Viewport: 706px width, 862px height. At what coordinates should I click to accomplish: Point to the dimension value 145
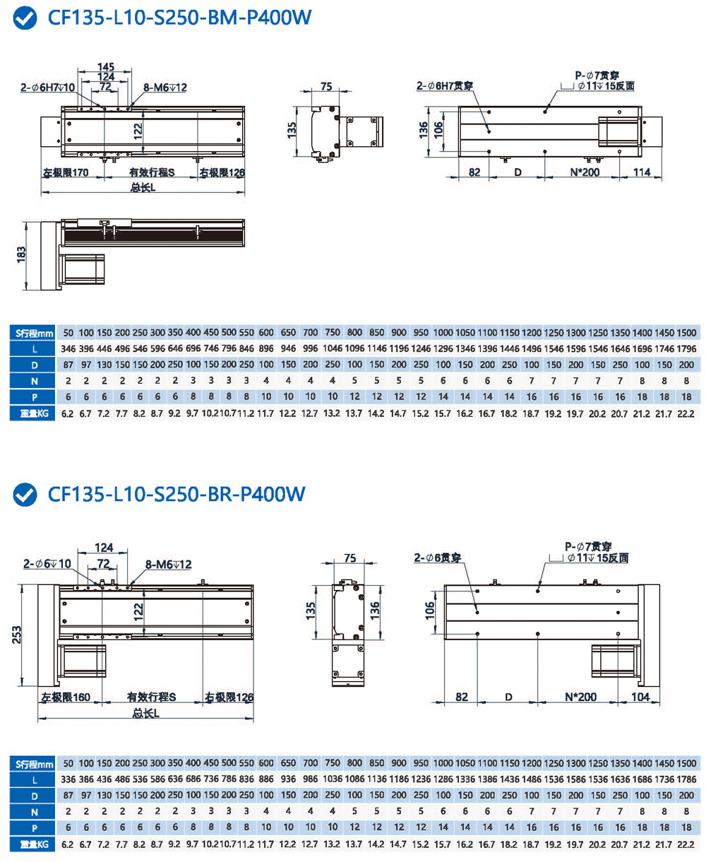pos(106,67)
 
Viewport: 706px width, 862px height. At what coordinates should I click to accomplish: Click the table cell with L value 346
pos(68,349)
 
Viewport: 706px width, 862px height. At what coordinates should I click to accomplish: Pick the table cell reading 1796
pos(686,349)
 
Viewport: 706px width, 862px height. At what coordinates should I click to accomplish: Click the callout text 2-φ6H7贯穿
pos(445,86)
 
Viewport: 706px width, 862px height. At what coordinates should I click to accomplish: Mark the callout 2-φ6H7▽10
pos(47,88)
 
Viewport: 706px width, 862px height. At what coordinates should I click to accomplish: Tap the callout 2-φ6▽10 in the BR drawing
pos(47,564)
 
